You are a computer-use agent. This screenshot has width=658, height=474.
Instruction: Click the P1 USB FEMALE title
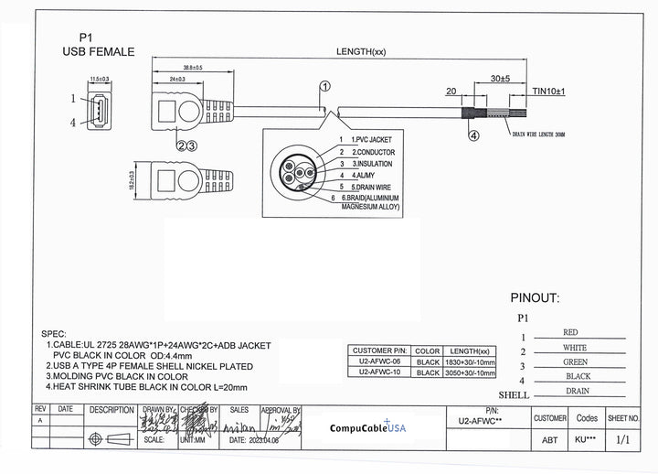tap(98, 46)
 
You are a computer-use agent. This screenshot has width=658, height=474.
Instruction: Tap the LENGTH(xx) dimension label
tap(361, 51)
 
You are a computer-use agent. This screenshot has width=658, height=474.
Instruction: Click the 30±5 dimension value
tap(501, 80)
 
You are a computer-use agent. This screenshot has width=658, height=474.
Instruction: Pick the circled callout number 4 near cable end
tap(474, 136)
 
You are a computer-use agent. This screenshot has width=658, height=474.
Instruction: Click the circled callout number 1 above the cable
tap(324, 86)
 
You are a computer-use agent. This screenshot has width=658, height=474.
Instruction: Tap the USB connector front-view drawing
tap(99, 111)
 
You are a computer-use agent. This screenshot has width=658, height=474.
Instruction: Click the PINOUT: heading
tap(535, 297)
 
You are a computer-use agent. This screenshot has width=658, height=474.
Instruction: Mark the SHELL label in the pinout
tap(515, 394)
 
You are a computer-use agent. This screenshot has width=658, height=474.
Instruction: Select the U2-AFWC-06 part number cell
tap(380, 362)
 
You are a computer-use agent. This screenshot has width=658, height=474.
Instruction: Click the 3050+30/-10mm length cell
tap(472, 373)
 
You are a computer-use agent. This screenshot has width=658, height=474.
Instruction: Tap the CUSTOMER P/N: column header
tap(380, 350)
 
